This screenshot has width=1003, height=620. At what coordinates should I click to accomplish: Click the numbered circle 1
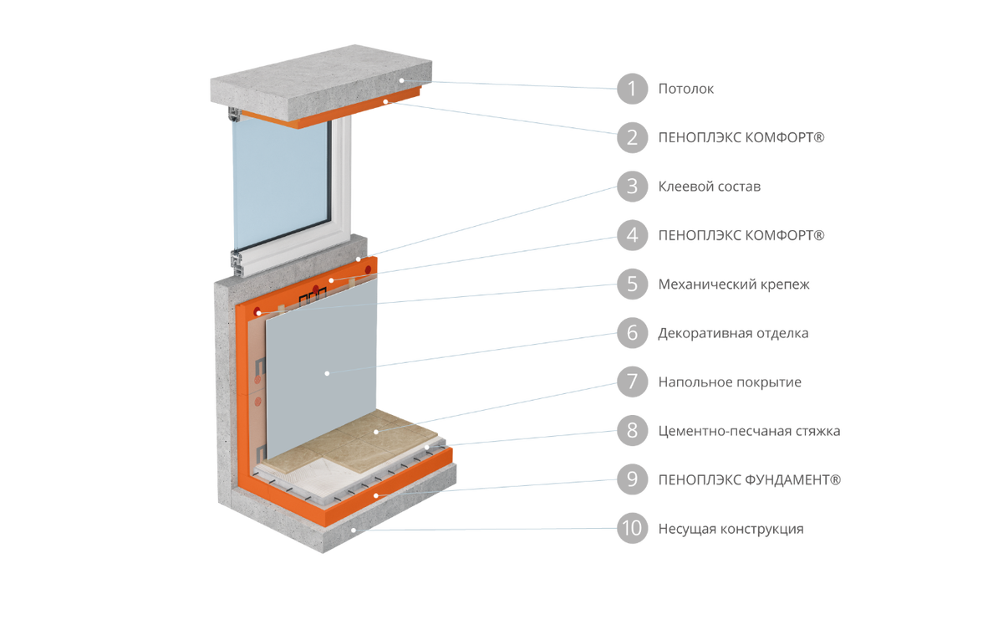[632, 89]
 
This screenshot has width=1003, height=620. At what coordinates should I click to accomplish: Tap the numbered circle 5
[632, 284]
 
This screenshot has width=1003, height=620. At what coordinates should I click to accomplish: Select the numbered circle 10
[632, 529]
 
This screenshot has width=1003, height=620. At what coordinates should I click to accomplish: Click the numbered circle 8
[632, 431]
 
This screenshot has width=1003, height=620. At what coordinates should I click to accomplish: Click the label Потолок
[685, 89]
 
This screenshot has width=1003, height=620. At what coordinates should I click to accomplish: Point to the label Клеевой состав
[710, 187]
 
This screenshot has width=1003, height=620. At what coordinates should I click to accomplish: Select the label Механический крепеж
[734, 284]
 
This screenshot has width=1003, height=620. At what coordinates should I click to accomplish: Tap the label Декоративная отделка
[734, 333]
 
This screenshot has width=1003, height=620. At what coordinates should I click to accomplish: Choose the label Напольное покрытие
[730, 382]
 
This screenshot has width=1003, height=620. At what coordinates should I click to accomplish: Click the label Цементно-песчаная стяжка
[749, 431]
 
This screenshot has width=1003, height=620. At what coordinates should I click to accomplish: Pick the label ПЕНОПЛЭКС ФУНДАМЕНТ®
[750, 479]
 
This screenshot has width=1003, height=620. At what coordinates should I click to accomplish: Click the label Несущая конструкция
[731, 529]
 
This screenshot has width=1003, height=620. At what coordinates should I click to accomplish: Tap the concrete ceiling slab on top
[321, 80]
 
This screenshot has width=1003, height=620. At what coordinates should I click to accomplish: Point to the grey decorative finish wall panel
[321, 363]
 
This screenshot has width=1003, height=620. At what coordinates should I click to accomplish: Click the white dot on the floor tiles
[376, 432]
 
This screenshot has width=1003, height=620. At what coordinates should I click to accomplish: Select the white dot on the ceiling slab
[402, 80]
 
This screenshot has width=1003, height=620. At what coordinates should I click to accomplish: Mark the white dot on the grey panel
[328, 373]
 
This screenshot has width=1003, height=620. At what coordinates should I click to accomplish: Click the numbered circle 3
[632, 187]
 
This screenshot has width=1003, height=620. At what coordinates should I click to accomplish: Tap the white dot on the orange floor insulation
[376, 495]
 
